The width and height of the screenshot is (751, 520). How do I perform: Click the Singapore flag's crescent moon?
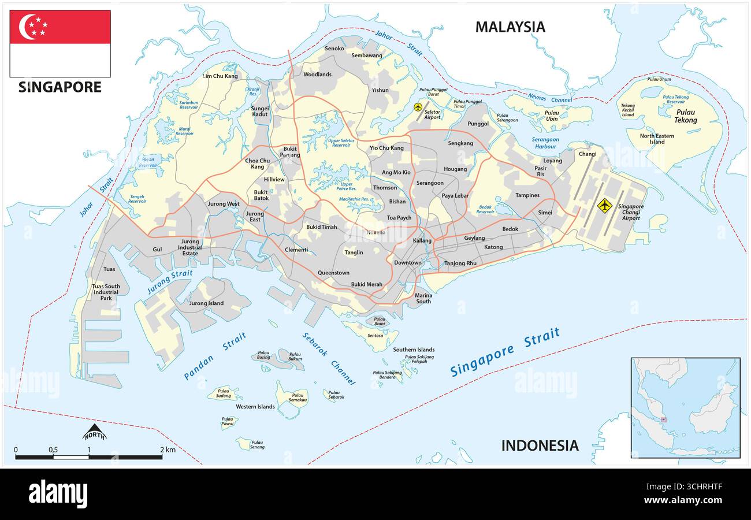pos(27,27)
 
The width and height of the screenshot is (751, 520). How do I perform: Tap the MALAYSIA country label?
pos(510,27)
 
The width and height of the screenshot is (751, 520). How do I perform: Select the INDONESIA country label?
pos(539,445)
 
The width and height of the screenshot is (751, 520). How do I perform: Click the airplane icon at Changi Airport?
pos(604,205)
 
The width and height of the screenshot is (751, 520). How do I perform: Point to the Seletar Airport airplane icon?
pos(418,107)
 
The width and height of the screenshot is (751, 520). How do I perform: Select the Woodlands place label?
pos(317,75)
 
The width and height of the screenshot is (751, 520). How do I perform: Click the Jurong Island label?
pos(206,303)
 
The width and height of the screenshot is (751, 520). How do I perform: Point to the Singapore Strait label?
pos(505,352)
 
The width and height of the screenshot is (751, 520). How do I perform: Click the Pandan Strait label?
pos(215,356)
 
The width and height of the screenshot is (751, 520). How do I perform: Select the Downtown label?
pos(408,263)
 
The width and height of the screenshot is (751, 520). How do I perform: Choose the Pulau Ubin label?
pos(552,116)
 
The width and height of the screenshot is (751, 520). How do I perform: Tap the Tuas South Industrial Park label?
pos(106,292)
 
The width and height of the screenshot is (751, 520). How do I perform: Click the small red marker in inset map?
pos(664,419)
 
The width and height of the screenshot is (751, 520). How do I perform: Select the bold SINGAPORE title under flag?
pos(60,87)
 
